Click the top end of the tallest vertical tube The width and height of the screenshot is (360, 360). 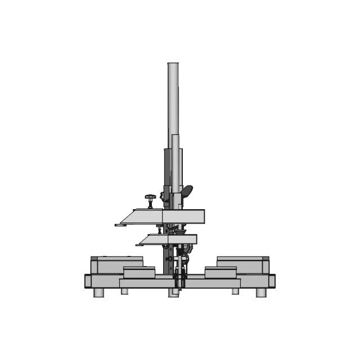click(173, 65)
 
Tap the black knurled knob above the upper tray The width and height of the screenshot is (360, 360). click(150, 199)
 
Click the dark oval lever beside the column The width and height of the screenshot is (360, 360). click(187, 191)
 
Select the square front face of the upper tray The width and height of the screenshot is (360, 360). click(183, 217)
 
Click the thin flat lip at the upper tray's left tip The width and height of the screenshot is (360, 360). click(119, 225)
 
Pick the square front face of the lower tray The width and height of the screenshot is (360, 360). click(183, 240)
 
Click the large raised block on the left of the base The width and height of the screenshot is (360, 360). click(117, 264)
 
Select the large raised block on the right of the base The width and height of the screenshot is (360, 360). click(242, 264)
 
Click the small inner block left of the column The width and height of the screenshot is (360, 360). click(139, 272)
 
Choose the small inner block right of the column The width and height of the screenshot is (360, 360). click(220, 272)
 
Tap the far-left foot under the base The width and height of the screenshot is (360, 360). click(98, 292)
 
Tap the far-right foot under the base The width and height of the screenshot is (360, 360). click(261, 292)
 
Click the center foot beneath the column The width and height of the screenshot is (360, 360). click(174, 292)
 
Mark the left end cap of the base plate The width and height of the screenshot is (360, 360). click(88, 281)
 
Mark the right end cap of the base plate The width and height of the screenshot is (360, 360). click(272, 281)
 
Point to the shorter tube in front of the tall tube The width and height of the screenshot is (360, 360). click(176, 163)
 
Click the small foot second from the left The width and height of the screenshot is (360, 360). click(124, 291)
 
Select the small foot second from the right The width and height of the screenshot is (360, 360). click(235, 291)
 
